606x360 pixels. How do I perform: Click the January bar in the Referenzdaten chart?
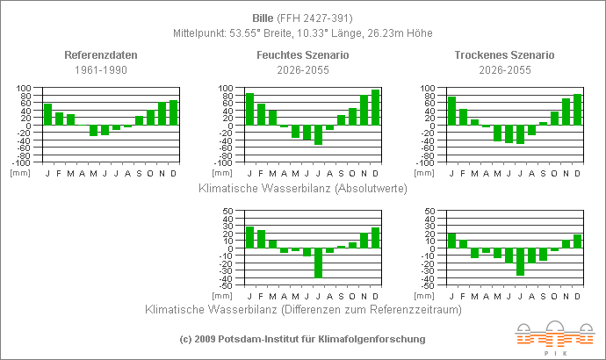tap(47, 114)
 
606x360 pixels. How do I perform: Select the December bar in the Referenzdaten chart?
tap(173, 112)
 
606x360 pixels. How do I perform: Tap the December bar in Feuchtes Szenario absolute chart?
tap(375, 107)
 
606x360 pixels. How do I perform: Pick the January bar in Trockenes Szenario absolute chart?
tap(451, 111)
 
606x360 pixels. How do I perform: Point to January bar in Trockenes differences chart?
tap(451, 241)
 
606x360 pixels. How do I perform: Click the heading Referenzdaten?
tap(101, 55)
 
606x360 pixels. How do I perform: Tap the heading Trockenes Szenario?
tap(504, 55)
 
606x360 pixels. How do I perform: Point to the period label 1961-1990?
tap(101, 69)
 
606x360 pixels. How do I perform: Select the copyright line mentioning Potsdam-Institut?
tap(302, 339)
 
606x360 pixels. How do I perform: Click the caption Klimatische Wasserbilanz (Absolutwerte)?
tap(303, 188)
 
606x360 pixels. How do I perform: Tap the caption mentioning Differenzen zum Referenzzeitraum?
tap(303, 309)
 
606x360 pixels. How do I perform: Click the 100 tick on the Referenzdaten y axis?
tap(24, 88)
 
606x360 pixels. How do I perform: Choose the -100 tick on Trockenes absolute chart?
tap(428, 162)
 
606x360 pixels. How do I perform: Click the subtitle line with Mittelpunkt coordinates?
tap(303, 33)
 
